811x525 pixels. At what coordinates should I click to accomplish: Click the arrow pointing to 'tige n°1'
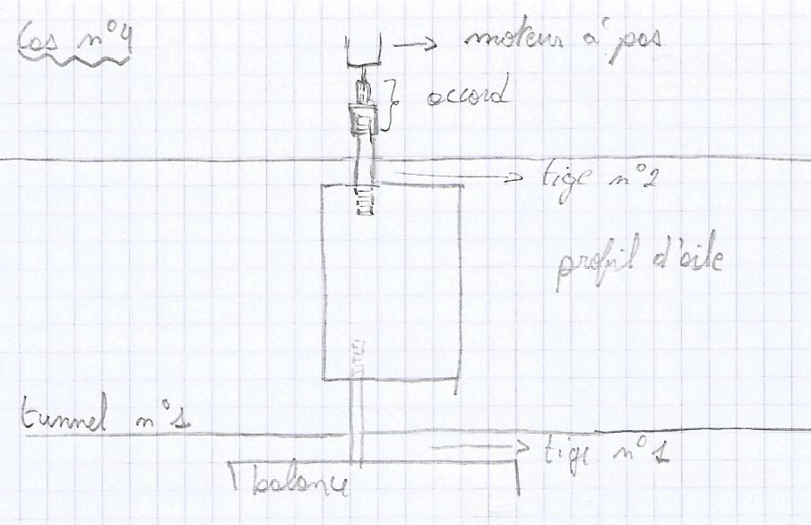pos(479,446)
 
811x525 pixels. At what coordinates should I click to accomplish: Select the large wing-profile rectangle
pos(393,282)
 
